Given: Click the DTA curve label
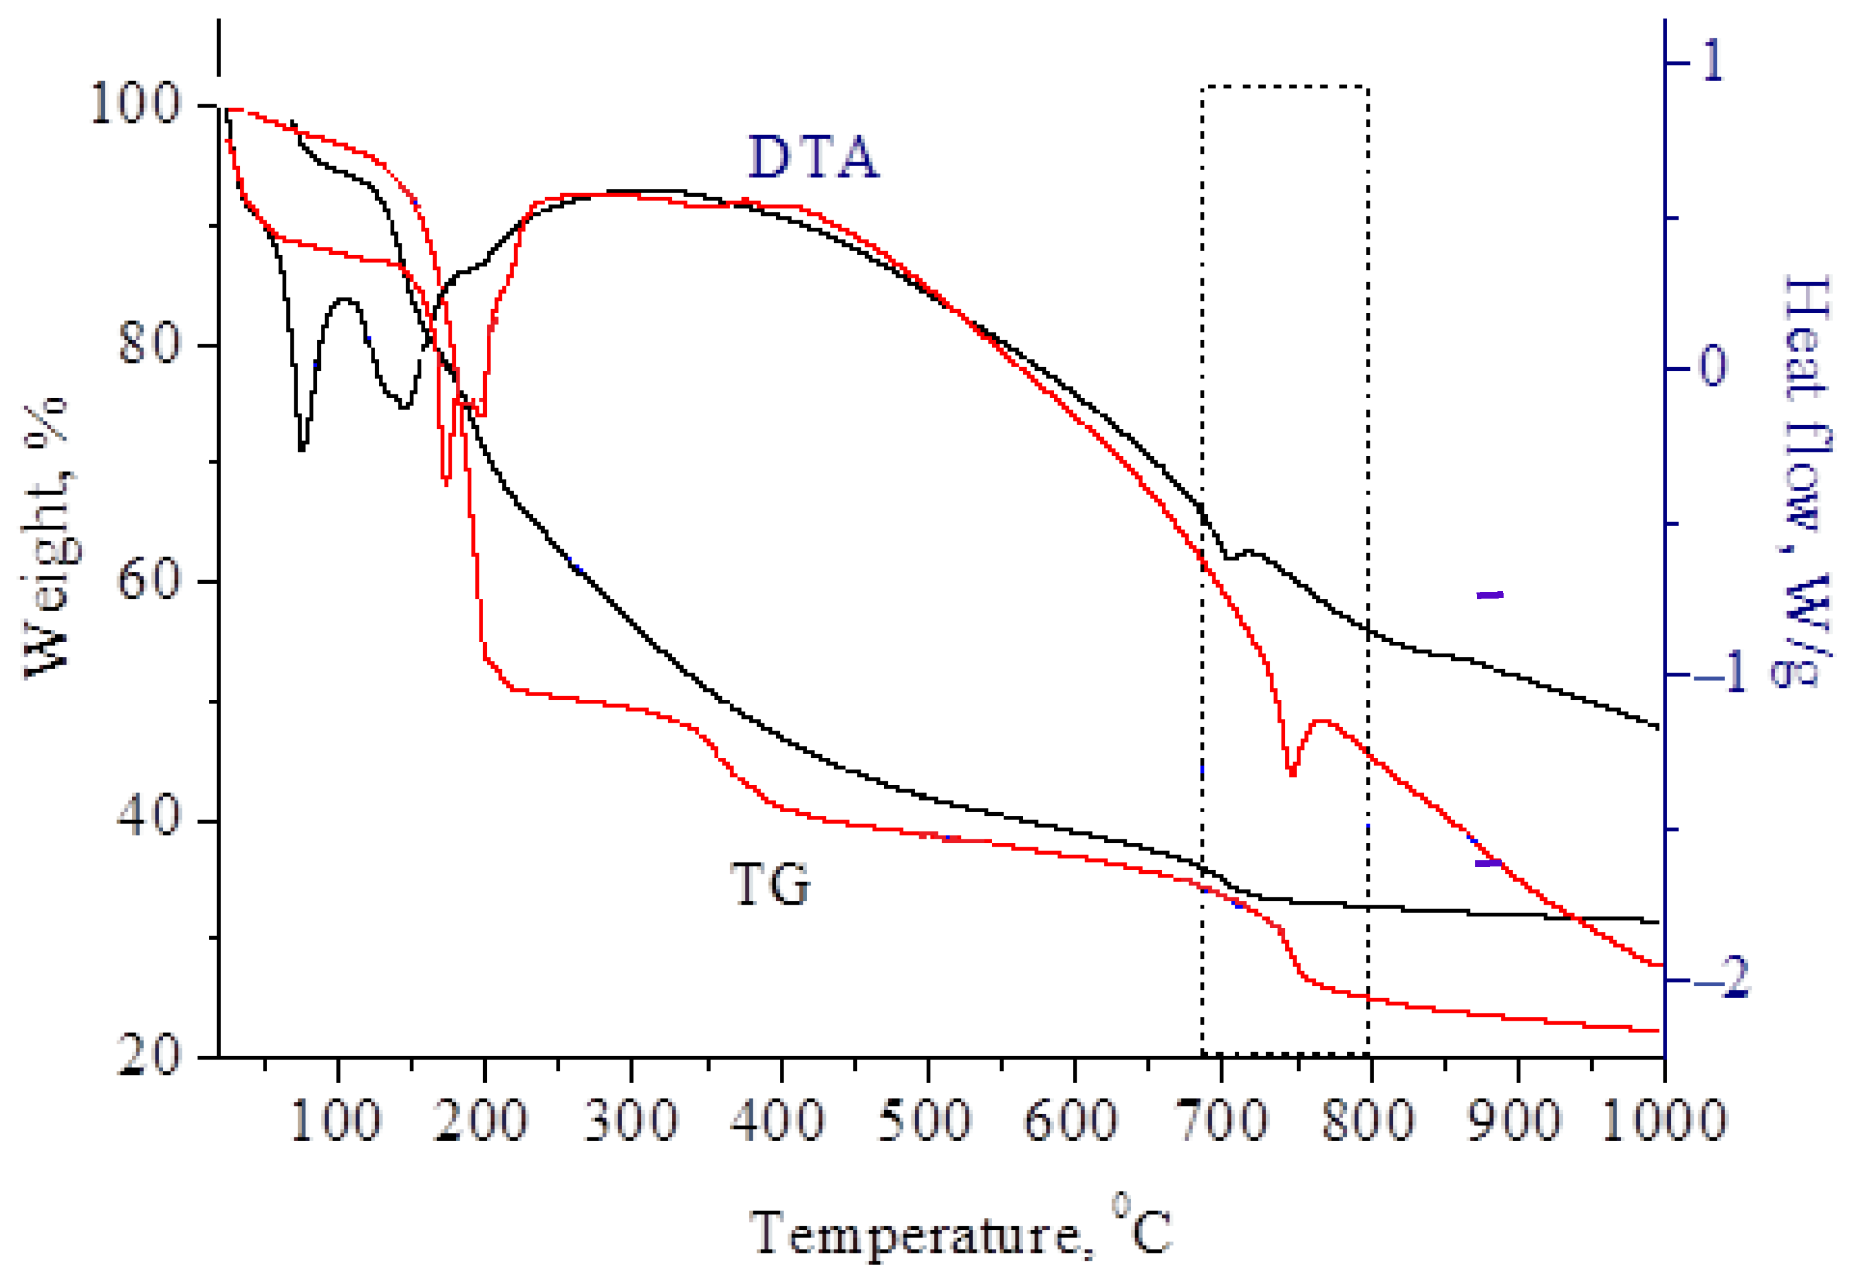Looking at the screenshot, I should click(813, 157).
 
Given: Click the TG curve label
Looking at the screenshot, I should click(770, 884).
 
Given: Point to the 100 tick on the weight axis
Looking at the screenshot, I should click(135, 104).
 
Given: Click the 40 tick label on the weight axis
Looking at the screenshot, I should click(148, 818).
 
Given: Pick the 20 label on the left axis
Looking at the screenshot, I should click(148, 1055).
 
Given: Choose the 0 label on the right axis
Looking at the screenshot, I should click(1712, 367).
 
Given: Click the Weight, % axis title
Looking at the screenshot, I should click(48, 537).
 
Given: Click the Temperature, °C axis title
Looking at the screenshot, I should click(961, 1234).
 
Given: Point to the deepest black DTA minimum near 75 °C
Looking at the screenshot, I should click(301, 449).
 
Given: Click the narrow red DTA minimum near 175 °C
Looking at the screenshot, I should click(446, 481).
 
